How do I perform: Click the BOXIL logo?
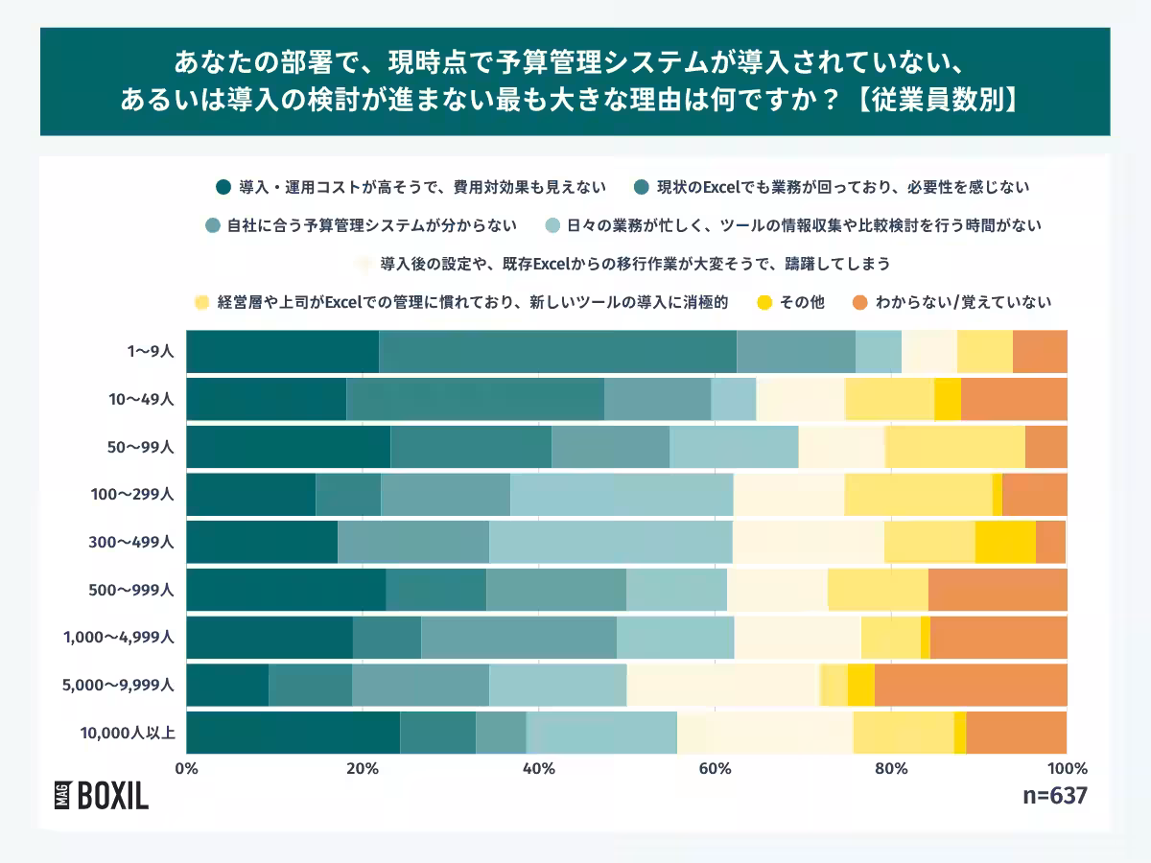(102, 795)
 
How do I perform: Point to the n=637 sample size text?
(1056, 796)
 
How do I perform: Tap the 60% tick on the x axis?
(716, 768)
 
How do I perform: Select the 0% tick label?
(186, 768)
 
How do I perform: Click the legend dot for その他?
(765, 302)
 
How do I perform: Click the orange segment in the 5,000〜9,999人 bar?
(971, 685)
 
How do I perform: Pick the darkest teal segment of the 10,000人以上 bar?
(293, 733)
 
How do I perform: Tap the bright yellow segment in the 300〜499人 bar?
(1005, 542)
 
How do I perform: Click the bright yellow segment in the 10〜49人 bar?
(948, 399)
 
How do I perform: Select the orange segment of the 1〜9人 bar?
(1040, 351)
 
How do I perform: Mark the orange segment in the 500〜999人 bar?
(998, 590)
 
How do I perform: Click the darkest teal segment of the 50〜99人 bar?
(288, 447)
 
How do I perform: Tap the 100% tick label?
(1067, 768)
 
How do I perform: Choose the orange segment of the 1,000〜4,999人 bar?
(998, 638)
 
